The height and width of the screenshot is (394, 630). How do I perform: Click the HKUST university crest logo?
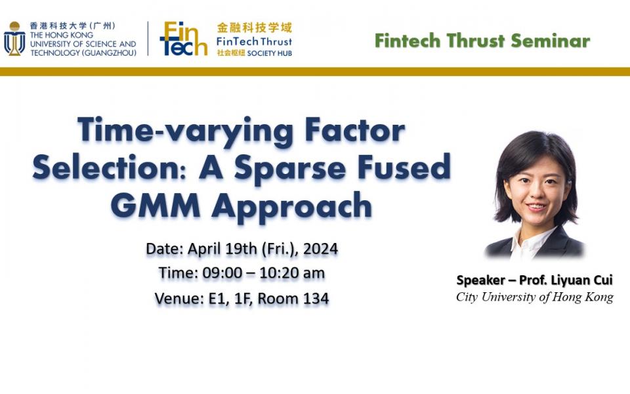[x=14, y=39]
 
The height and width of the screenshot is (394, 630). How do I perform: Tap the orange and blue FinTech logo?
[x=182, y=39]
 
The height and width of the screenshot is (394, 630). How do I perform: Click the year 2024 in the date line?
[x=321, y=250]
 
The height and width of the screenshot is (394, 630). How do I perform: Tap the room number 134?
[x=316, y=299]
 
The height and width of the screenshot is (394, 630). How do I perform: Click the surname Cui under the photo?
[x=602, y=280]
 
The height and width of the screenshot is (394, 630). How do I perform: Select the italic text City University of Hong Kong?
[x=535, y=297]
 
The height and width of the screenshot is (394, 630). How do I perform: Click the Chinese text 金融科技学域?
[x=254, y=28]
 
